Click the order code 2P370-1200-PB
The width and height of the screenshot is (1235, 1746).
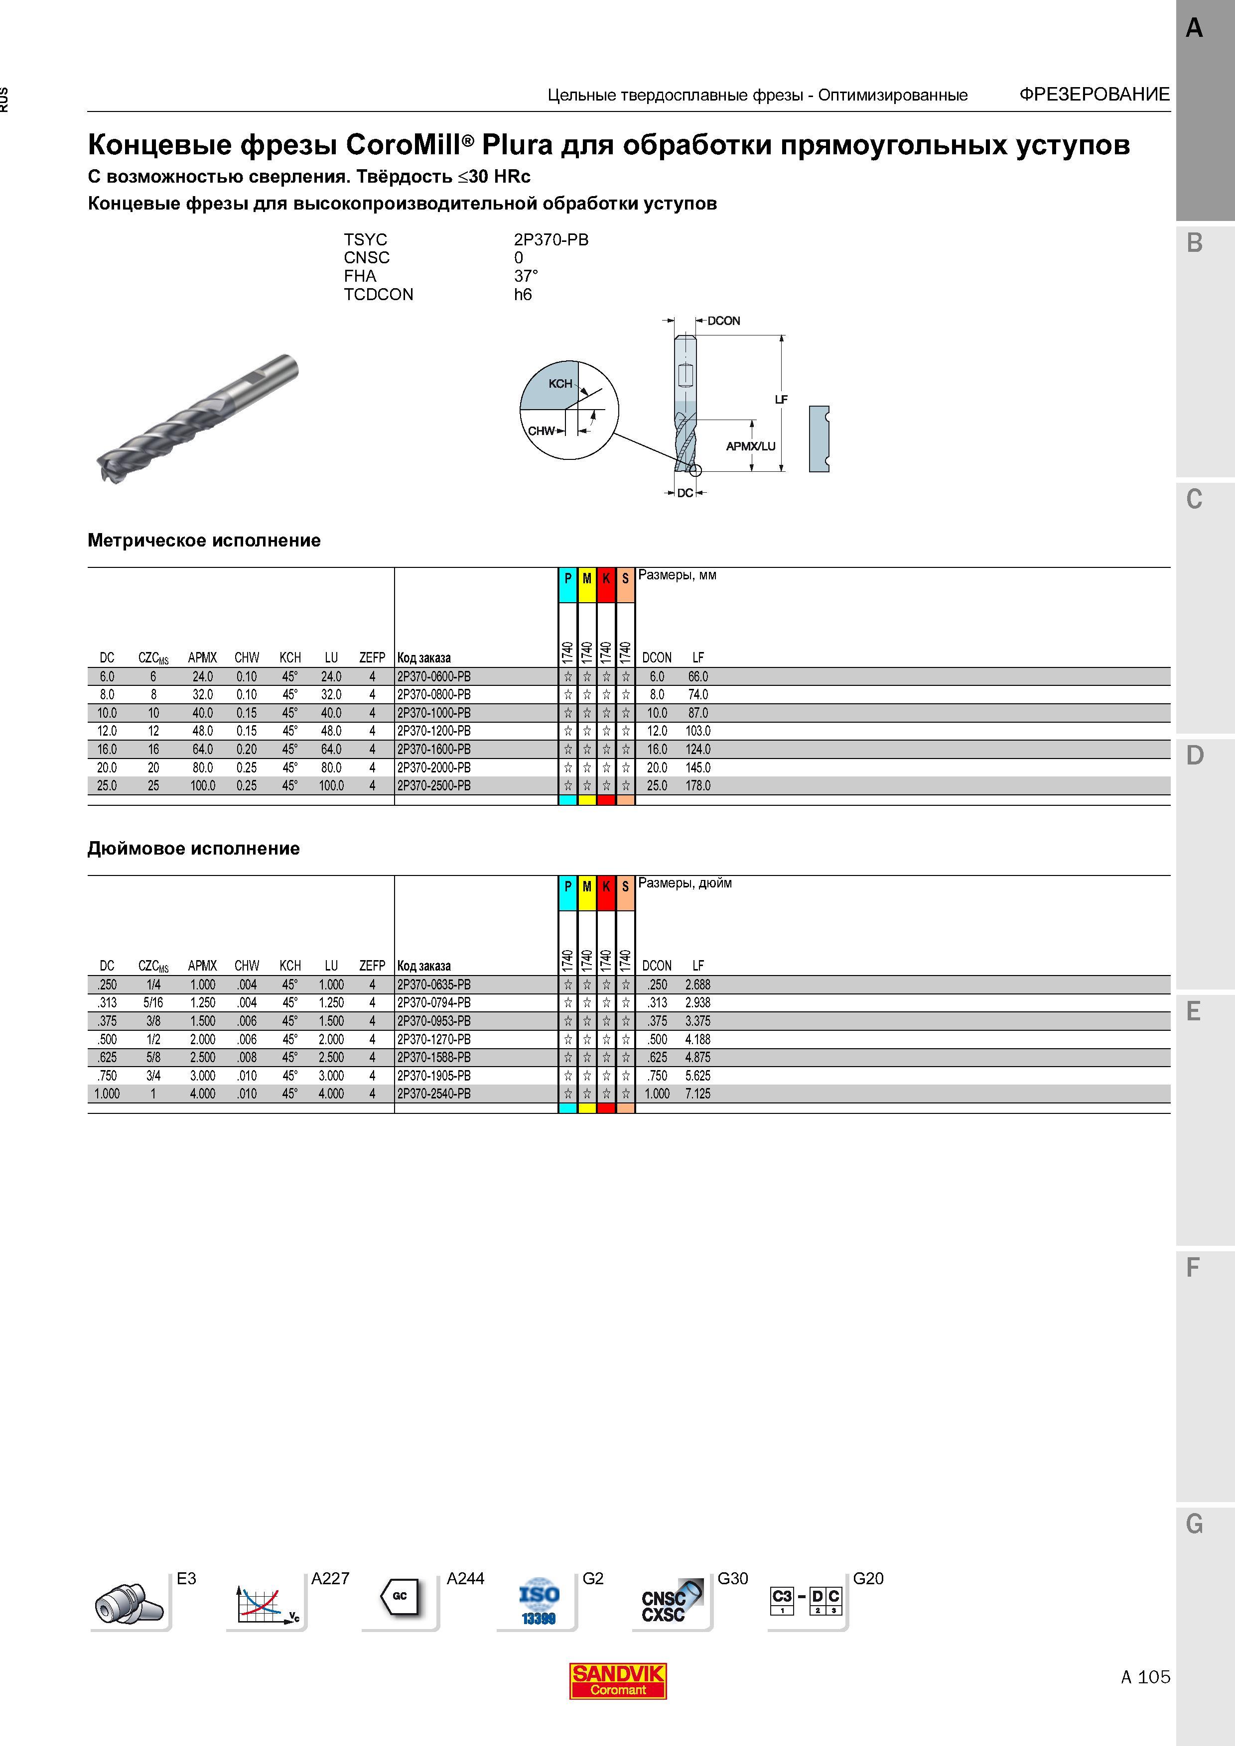coord(434,731)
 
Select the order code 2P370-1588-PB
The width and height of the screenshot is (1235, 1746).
coord(434,1057)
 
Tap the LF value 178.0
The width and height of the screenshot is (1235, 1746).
coord(698,785)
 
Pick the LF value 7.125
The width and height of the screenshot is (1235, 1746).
coord(698,1093)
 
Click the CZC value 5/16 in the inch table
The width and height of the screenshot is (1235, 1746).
coord(153,1002)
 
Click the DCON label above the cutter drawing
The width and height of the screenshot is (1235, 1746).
coord(724,321)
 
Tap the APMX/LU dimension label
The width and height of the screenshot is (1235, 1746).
coord(750,446)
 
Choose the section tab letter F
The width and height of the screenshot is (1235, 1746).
coord(1193,1268)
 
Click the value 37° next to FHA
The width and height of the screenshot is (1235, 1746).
coord(526,276)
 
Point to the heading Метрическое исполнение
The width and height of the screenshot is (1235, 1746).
coord(204,541)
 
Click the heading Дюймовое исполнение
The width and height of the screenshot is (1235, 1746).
coord(193,849)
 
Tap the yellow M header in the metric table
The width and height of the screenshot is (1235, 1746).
coord(587,579)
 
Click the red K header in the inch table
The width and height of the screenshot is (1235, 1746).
coord(606,887)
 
